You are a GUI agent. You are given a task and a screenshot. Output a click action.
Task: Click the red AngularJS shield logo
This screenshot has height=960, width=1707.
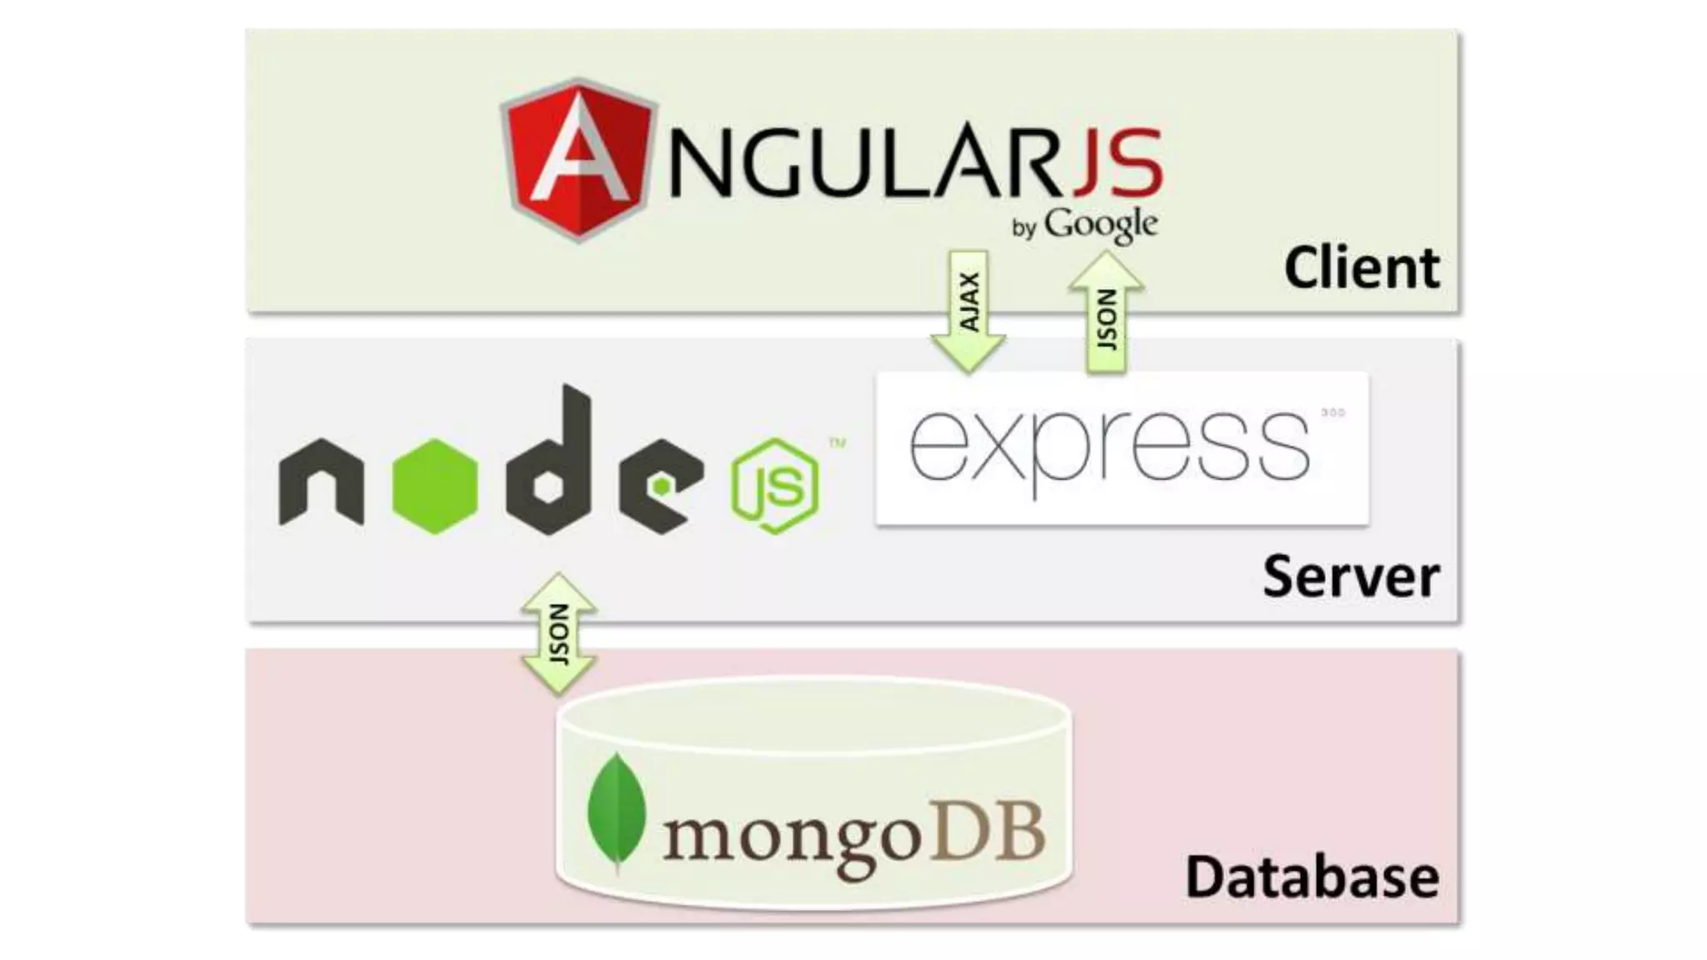coord(578,160)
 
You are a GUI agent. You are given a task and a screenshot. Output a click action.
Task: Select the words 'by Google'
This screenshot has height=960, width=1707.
coord(1084,226)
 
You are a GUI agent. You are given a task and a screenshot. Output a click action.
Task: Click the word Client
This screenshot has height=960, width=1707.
coord(1361,268)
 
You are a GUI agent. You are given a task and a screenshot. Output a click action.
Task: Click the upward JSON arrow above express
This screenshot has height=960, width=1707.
coord(1106,312)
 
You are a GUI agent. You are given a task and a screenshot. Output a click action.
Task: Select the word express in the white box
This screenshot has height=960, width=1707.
coord(1109,446)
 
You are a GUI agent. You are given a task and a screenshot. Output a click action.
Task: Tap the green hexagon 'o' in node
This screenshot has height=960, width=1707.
coord(434,486)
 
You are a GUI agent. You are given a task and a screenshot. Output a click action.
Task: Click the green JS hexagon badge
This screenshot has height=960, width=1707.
coord(774,486)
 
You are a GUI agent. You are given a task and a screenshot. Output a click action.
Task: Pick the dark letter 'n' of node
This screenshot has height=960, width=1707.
coord(321,482)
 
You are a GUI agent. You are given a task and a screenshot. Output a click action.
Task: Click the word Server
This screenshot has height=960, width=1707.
coord(1350,576)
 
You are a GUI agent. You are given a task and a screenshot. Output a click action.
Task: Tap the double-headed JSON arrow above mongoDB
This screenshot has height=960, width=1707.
coord(558,634)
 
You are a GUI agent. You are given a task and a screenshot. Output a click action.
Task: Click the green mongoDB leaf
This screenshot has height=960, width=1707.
coord(617,812)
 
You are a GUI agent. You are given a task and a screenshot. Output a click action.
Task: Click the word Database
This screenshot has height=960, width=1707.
coord(1312,877)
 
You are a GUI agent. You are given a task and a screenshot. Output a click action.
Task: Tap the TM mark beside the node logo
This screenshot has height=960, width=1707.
coord(837,443)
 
